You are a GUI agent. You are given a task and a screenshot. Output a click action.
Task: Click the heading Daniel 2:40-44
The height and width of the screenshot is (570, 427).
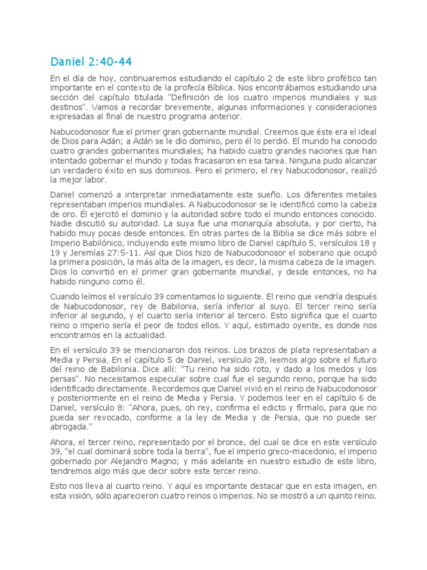pos(91,61)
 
